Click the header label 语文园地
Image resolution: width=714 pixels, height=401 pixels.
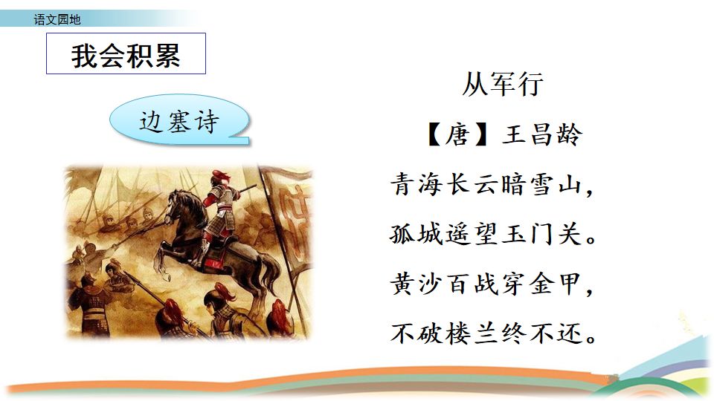tap(57, 19)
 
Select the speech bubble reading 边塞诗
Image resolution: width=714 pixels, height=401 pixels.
tap(179, 120)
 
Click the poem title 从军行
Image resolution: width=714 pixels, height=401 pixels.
tap(502, 84)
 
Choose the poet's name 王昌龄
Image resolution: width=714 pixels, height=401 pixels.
tap(541, 134)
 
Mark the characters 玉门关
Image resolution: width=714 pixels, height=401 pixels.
tap(542, 235)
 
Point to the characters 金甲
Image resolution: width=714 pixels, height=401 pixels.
tap(556, 284)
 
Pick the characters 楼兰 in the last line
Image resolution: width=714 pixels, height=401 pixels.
tap(472, 333)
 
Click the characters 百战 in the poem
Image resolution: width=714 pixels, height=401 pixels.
tap(472, 284)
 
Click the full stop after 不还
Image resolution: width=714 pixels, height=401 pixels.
tap(591, 339)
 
